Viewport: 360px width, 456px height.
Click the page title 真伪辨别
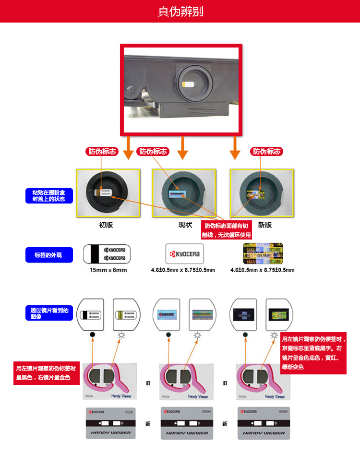[x=180, y=11]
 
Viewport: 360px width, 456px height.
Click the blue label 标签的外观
[x=49, y=255]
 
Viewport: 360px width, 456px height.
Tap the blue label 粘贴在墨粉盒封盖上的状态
[x=49, y=195]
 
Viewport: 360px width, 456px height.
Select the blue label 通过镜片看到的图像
[x=49, y=313]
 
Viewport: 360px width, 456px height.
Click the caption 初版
[x=106, y=225]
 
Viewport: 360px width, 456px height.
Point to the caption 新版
[x=264, y=225]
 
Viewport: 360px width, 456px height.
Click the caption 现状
[x=185, y=225]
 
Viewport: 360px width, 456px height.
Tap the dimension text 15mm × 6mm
[x=108, y=270]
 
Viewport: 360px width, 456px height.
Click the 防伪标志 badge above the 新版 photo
[x=267, y=151]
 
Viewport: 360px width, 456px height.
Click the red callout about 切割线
[x=227, y=230]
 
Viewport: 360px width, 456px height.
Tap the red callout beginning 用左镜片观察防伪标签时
[x=47, y=373]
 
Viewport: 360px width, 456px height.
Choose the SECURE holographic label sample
[x=263, y=253]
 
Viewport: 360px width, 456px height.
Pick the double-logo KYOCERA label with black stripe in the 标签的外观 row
[x=107, y=253]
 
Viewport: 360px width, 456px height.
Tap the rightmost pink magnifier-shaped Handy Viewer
[x=260, y=379]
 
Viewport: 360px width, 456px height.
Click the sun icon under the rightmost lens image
[x=274, y=335]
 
